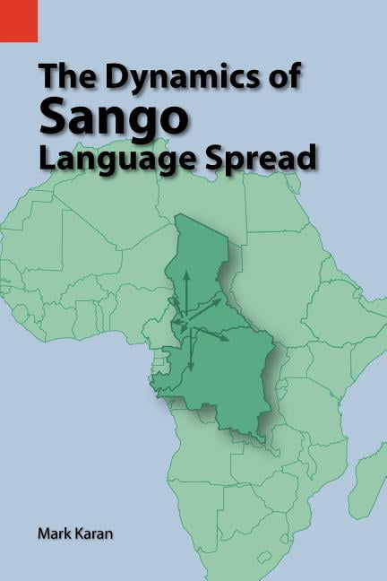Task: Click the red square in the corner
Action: pyautogui.click(x=18, y=20)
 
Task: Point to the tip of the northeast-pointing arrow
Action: pyautogui.click(x=220, y=299)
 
